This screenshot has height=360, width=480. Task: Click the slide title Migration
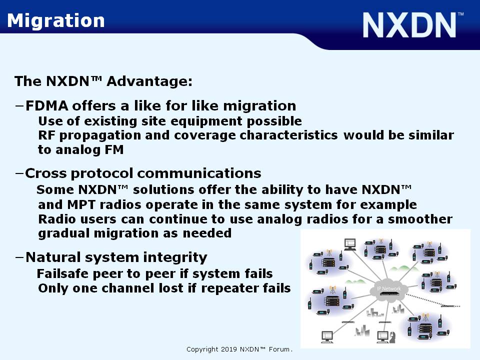55,21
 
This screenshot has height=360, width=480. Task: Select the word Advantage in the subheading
149,81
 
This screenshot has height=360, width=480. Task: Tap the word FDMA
47,106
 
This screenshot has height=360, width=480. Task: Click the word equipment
206,121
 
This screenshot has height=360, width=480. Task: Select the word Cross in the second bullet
45,173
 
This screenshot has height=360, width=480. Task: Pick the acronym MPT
81,204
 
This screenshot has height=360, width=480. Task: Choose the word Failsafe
63,273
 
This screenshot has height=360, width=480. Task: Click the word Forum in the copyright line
279,349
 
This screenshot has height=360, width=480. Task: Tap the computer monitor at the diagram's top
350,244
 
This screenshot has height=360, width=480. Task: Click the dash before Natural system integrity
19,257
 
